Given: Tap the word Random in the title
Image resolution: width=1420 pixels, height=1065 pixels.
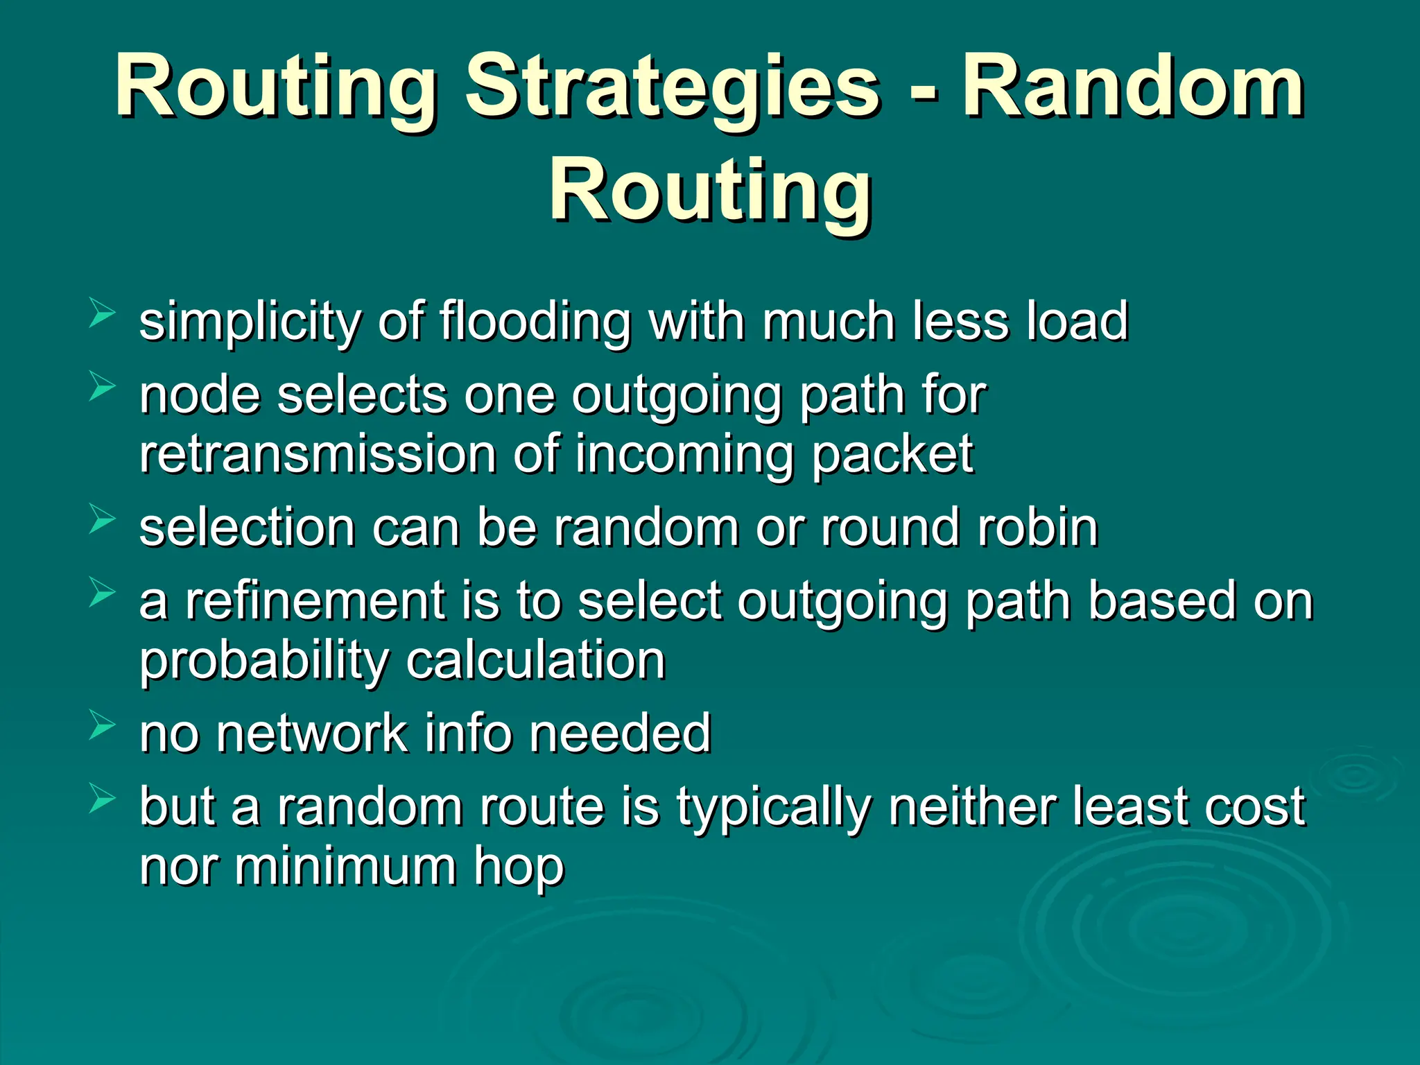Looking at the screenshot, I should (1133, 89).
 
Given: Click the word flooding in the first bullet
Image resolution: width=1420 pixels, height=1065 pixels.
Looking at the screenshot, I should (535, 323).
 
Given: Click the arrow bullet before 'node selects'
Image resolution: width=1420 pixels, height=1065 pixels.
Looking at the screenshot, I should (102, 387).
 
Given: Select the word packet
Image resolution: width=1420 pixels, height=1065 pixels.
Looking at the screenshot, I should (892, 454).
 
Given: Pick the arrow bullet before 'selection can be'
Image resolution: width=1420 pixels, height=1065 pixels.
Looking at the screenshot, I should (102, 520).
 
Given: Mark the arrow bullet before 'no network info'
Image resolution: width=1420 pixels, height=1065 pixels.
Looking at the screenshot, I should (102, 726).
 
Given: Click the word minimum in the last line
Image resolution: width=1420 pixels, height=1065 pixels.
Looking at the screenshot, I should (345, 867).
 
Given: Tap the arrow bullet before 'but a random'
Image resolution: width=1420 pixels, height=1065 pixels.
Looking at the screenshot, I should (102, 801).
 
